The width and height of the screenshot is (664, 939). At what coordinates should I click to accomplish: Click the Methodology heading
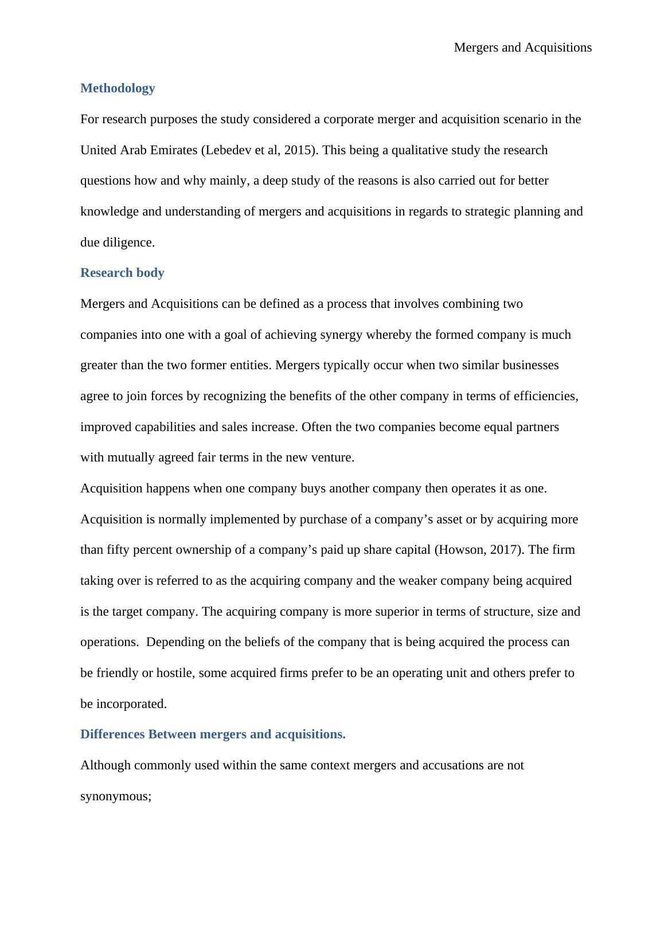[118, 88]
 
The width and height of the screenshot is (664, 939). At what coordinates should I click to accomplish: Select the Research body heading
[122, 273]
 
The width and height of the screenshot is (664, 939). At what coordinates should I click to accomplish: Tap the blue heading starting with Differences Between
[213, 734]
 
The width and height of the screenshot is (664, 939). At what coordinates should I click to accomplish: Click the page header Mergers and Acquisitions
[522, 48]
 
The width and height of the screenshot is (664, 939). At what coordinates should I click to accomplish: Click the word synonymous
[115, 796]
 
